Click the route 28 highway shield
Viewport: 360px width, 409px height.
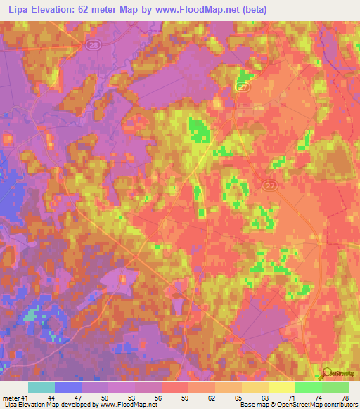tap(94, 44)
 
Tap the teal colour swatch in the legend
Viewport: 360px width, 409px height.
tap(41, 388)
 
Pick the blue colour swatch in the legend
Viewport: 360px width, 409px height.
tap(68, 388)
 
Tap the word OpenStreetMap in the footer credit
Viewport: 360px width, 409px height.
tap(297, 404)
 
